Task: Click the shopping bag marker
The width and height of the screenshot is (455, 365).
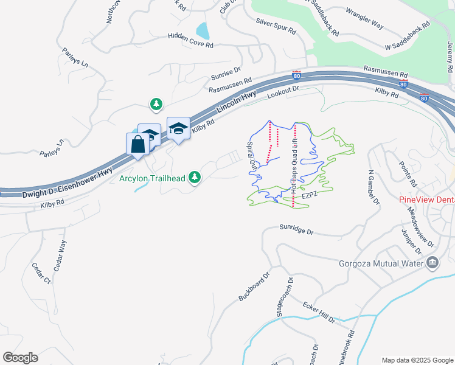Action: tap(137, 145)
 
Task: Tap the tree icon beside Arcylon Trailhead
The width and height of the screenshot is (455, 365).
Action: tap(195, 177)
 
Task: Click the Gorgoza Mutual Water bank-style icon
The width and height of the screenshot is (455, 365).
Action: tap(432, 263)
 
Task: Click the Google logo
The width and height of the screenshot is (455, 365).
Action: tap(20, 358)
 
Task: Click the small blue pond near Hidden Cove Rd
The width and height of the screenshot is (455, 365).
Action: tap(203, 30)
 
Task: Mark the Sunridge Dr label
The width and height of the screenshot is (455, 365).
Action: tap(296, 232)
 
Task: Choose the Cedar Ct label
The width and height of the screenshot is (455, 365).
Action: tap(43, 274)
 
